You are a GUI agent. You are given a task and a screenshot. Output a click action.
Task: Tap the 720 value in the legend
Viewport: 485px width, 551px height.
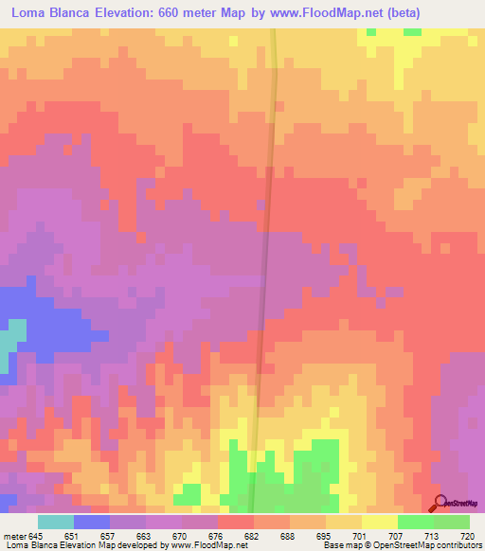[465, 535]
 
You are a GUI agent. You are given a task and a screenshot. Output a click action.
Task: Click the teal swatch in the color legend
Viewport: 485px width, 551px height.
[56, 522]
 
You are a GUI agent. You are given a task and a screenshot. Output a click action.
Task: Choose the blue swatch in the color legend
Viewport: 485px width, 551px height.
[92, 522]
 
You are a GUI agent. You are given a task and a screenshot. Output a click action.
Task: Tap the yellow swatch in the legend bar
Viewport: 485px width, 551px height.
[379, 522]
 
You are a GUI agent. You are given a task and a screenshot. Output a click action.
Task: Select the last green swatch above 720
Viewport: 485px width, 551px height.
[452, 522]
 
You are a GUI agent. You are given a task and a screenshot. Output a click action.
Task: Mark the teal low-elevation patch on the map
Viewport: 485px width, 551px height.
[12, 339]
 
